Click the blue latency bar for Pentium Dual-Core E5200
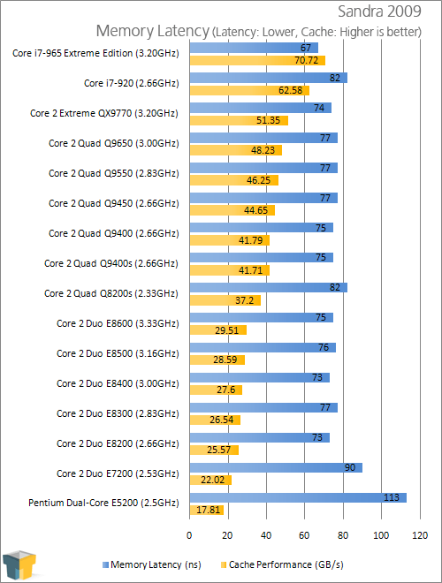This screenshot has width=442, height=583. (298, 497)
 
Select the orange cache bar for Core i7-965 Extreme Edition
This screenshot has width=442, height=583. (257, 60)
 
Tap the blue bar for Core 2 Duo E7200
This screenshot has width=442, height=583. (276, 468)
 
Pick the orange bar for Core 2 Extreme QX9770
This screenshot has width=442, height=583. (239, 120)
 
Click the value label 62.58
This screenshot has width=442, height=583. (291, 90)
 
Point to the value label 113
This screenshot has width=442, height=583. (392, 497)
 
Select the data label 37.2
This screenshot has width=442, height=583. (245, 300)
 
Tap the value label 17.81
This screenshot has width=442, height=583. (209, 510)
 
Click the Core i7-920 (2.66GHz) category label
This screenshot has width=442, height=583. (132, 83)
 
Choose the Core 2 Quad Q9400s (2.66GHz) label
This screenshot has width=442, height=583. (111, 263)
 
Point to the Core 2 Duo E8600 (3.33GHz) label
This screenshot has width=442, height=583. (118, 323)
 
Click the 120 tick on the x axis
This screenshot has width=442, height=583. (420, 535)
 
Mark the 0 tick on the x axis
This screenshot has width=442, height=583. (189, 535)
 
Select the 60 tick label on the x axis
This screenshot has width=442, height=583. (304, 535)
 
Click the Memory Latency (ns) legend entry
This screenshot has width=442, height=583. (152, 564)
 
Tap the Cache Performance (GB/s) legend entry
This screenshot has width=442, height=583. (282, 564)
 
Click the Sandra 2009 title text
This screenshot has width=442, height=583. (379, 11)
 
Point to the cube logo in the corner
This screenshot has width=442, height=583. (19, 565)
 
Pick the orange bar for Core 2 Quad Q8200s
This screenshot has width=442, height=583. (225, 300)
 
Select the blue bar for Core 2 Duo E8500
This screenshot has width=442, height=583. (263, 348)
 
